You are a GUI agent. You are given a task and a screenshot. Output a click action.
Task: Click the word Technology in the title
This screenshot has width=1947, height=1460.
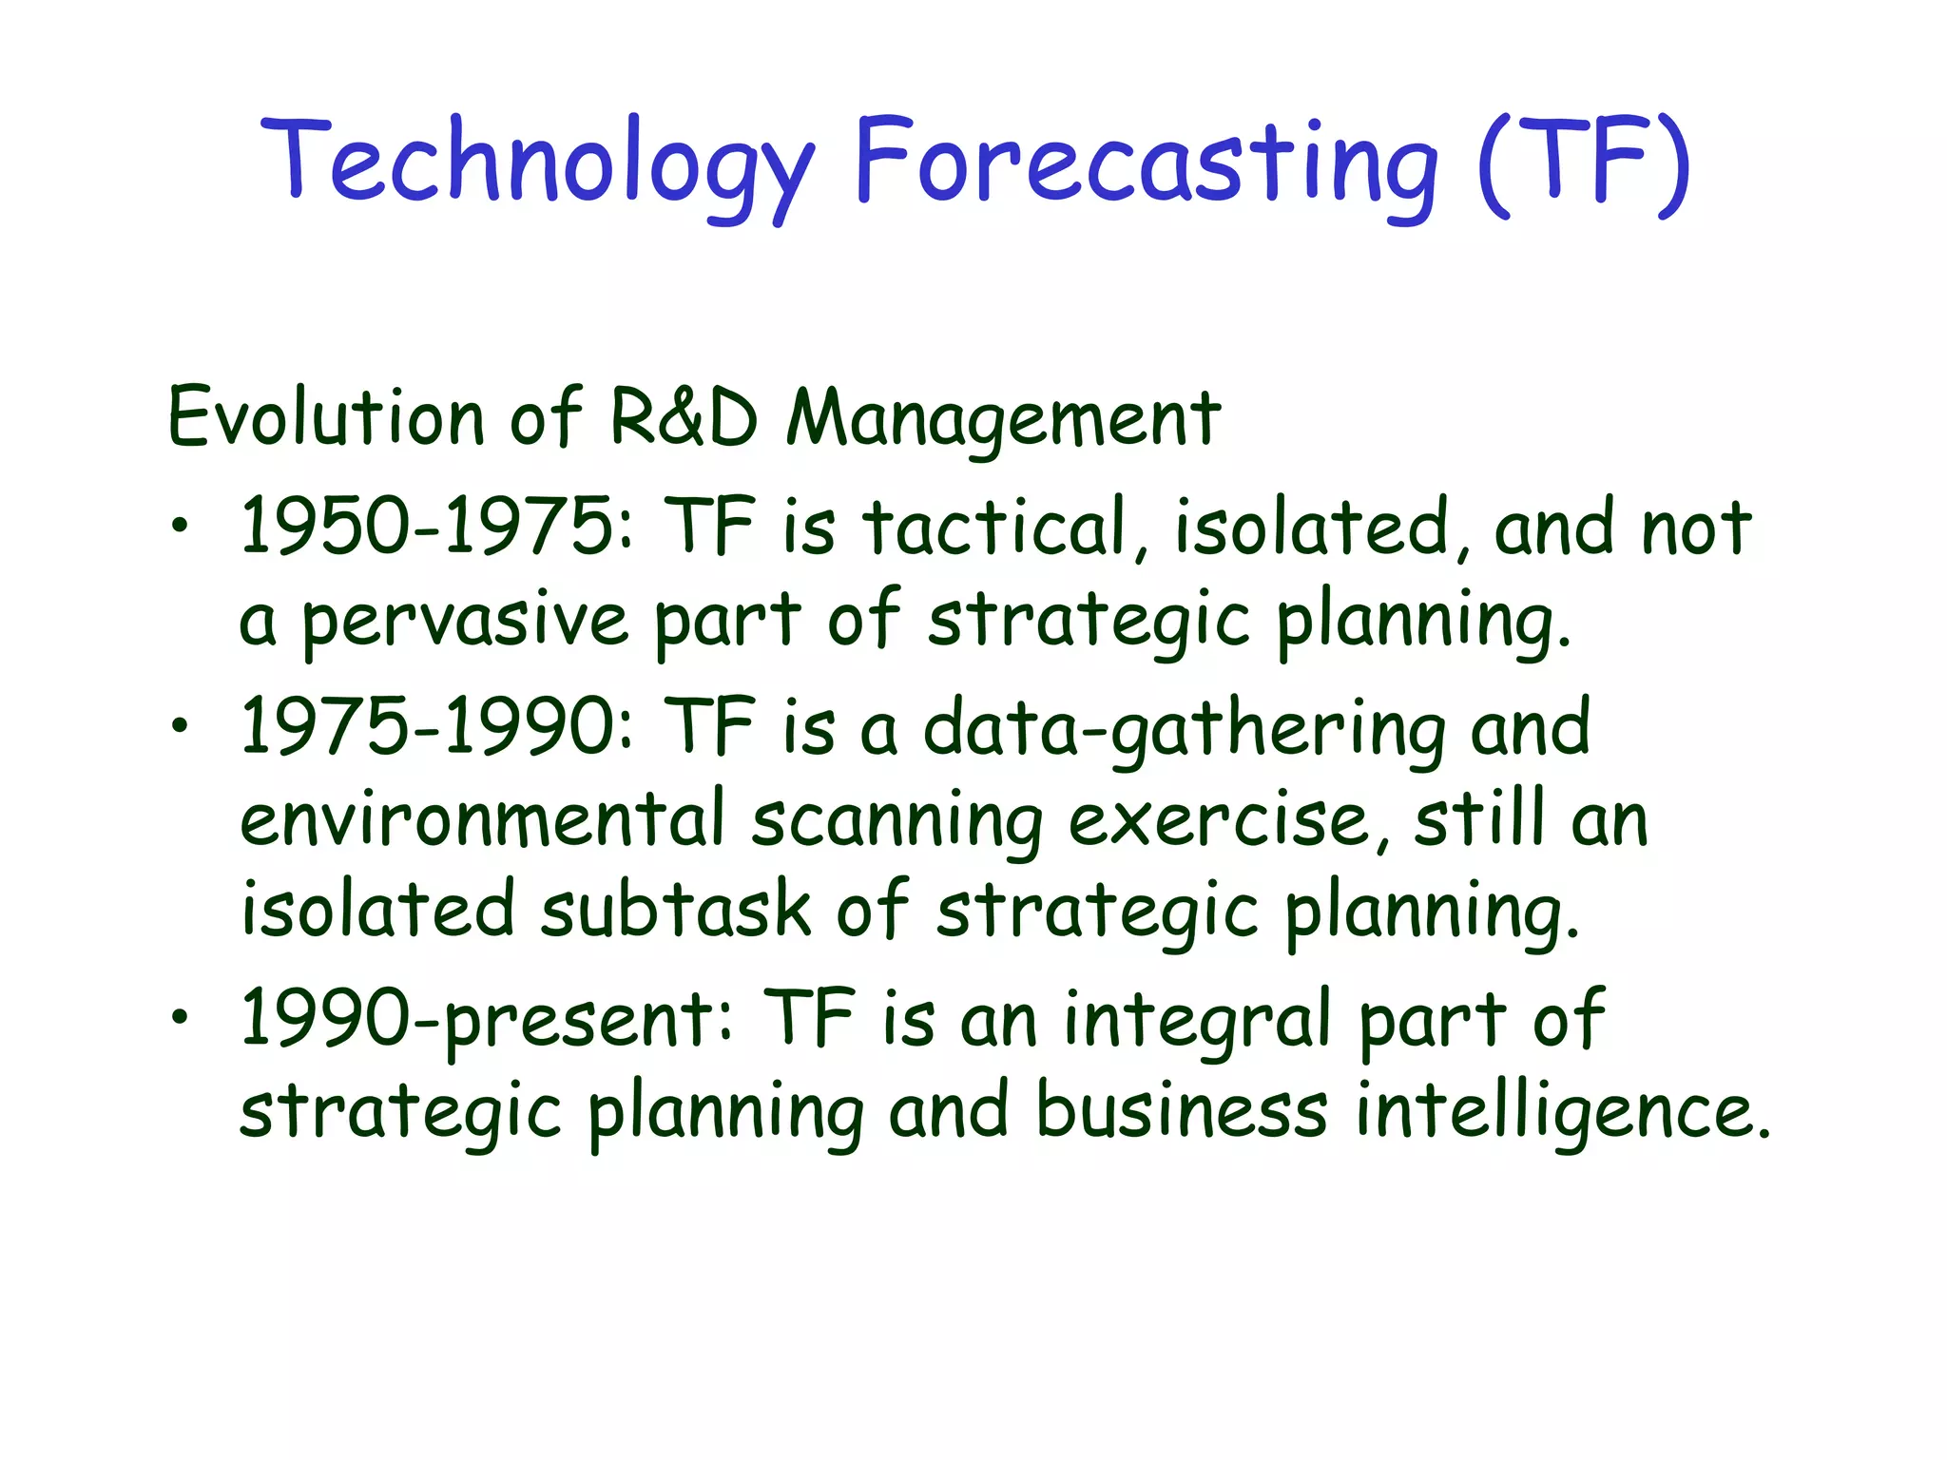click(x=537, y=162)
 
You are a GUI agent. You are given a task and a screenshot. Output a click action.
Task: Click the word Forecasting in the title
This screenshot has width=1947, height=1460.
click(x=1146, y=162)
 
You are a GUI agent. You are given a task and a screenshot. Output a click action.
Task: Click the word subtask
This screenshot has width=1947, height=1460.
click(x=676, y=911)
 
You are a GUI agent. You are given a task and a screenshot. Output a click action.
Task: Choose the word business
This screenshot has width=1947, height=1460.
click(x=1181, y=1110)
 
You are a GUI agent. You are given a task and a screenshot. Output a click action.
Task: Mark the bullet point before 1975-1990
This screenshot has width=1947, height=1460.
click(x=180, y=727)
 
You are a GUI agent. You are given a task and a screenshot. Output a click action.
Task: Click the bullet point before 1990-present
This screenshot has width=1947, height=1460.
click(x=180, y=1018)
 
